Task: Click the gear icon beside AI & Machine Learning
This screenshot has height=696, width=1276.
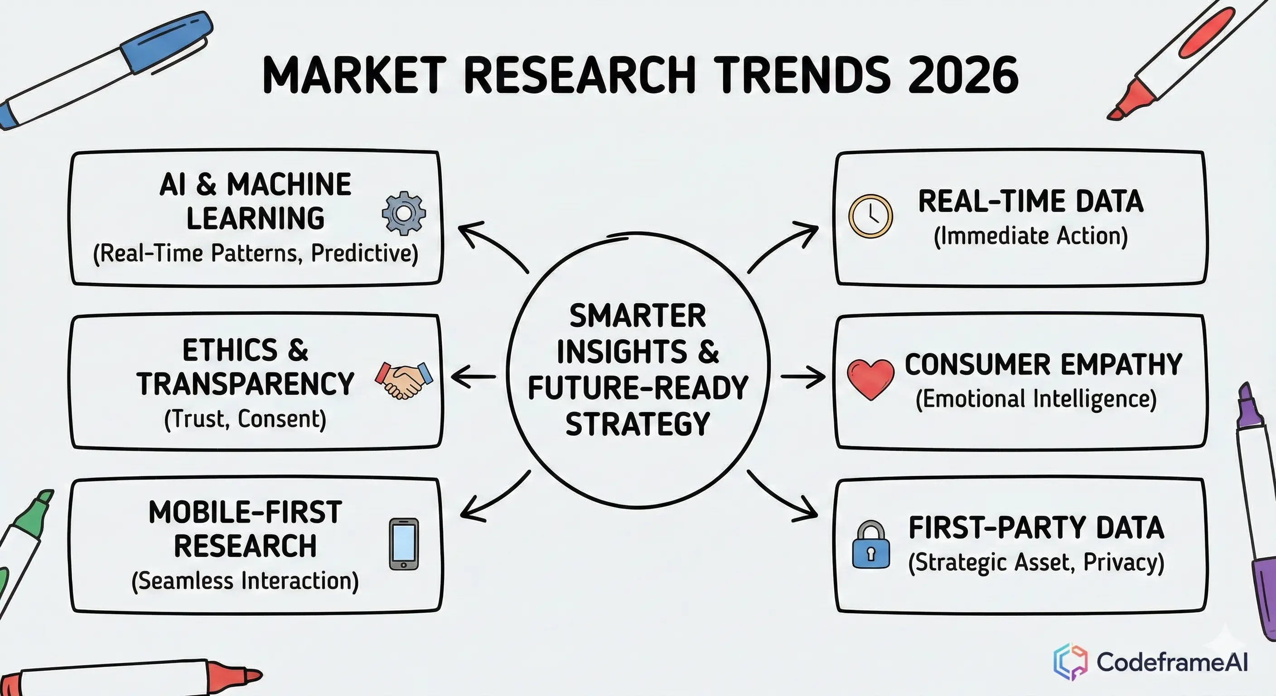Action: pyautogui.click(x=404, y=213)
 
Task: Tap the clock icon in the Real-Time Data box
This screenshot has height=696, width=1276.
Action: pyautogui.click(x=870, y=217)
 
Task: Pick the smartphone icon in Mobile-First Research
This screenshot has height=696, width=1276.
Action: pyautogui.click(x=404, y=544)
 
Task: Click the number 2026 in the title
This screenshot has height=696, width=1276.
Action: pyautogui.click(x=963, y=75)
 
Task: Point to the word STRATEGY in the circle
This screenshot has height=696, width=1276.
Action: pyautogui.click(x=638, y=424)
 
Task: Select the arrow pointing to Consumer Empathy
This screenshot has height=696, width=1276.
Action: pyautogui.click(x=803, y=377)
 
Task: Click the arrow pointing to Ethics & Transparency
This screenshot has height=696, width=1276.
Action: pyautogui.click(x=473, y=377)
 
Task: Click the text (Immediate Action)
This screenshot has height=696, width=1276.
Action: pyautogui.click(x=1031, y=236)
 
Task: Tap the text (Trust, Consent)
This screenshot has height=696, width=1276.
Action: pyautogui.click(x=245, y=420)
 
